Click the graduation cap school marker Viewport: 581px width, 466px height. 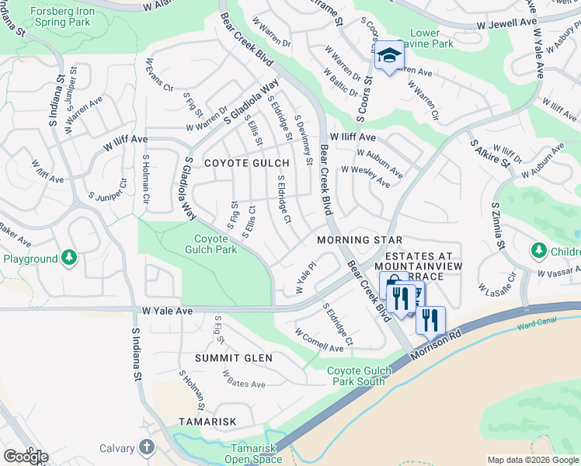(x=389, y=56)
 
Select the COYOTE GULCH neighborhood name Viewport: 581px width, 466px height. (x=246, y=163)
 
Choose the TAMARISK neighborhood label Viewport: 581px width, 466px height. (x=207, y=421)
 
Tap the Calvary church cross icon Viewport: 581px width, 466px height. (x=147, y=447)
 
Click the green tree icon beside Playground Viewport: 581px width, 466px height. (x=69, y=257)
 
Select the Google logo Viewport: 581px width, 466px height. (x=26, y=457)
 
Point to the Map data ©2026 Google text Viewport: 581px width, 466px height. (x=533, y=460)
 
